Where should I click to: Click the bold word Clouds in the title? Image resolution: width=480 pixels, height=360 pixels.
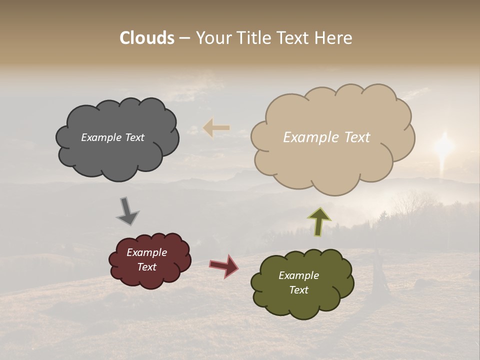[147, 38]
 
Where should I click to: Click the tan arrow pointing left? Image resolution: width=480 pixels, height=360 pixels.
[216, 128]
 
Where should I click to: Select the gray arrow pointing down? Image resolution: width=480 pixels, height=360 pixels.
[127, 211]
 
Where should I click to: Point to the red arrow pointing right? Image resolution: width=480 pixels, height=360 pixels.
[224, 265]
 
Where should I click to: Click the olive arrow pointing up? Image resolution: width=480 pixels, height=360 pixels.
[319, 221]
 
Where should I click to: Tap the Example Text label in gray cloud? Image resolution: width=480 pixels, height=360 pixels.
[112, 137]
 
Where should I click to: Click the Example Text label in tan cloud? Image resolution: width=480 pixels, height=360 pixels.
[326, 137]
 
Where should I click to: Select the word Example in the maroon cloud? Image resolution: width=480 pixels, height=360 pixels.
[146, 252]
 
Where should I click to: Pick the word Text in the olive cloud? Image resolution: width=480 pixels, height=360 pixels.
[298, 290]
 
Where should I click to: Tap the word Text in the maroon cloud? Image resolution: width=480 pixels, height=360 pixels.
[146, 267]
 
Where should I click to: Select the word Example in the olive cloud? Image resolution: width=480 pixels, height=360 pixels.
[298, 275]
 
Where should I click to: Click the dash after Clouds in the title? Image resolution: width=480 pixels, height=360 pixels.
[184, 38]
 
